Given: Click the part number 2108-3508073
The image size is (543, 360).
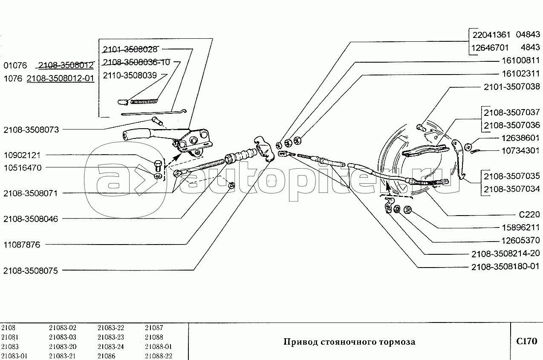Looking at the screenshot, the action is pyautogui.click(x=31, y=130).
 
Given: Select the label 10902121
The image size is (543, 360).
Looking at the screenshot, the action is pyautogui.click(x=22, y=155).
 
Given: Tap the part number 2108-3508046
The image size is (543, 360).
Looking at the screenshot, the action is pyautogui.click(x=31, y=219).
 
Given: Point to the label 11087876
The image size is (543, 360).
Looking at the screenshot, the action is pyautogui.click(x=22, y=245).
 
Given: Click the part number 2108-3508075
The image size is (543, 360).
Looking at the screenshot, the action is pyautogui.click(x=31, y=271).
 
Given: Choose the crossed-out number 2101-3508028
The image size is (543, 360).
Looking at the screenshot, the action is pyautogui.click(x=130, y=49).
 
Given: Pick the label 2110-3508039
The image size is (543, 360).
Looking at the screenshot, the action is pyautogui.click(x=130, y=75).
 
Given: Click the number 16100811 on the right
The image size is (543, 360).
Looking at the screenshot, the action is pyautogui.click(x=521, y=60).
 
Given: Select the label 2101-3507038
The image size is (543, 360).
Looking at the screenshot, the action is pyautogui.click(x=512, y=87).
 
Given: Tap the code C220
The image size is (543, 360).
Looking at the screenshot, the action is pyautogui.click(x=529, y=214).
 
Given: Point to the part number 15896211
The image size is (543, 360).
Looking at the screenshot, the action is pyautogui.click(x=521, y=227).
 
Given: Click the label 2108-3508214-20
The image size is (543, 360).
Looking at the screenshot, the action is pyautogui.click(x=505, y=253).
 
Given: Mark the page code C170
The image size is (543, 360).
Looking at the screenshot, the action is pyautogui.click(x=526, y=341).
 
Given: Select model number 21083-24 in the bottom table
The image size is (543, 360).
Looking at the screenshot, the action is pyautogui.click(x=111, y=347).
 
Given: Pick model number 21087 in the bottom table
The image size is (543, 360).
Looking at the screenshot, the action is pyautogui.click(x=154, y=328).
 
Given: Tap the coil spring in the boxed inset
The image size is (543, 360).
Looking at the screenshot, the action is pyautogui.click(x=144, y=101).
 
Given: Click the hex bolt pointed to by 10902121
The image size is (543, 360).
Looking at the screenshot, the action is pyautogui.click(x=158, y=165).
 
